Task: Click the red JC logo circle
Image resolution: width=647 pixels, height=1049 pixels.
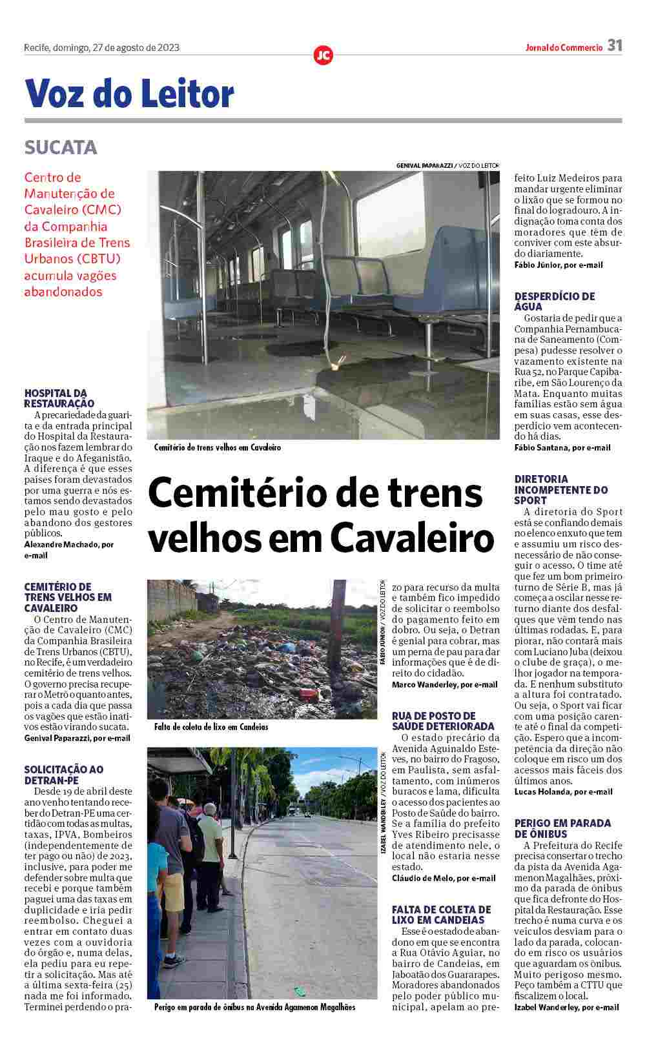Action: [323, 56]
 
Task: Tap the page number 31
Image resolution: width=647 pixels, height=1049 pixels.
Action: [614, 46]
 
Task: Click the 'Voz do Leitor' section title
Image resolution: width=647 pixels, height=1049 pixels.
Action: [129, 94]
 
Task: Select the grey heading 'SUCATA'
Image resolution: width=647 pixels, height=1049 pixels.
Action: [61, 148]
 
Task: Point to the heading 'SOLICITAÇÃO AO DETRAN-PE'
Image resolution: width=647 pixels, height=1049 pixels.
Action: [64, 775]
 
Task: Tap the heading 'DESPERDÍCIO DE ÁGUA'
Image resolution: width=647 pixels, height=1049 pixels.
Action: [555, 301]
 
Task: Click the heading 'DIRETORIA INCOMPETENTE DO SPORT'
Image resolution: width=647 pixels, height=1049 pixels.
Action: [560, 489]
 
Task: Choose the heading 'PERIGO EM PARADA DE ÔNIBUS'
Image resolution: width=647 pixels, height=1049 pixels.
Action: [562, 828]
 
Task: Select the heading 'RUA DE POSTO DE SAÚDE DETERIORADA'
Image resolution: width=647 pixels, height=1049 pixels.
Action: [443, 721]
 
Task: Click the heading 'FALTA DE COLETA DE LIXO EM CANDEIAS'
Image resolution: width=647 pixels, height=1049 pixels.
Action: [442, 915]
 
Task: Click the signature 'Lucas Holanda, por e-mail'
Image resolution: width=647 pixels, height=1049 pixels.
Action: [563, 791]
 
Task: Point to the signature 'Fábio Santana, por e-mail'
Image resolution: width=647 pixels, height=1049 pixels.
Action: [562, 447]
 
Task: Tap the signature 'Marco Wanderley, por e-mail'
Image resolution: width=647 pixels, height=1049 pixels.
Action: [444, 684]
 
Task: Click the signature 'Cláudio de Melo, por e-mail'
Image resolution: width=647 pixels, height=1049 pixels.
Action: [444, 878]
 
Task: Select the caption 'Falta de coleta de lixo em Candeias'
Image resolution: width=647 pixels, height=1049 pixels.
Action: [211, 727]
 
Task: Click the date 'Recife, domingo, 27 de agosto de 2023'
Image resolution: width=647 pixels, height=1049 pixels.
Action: [101, 47]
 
